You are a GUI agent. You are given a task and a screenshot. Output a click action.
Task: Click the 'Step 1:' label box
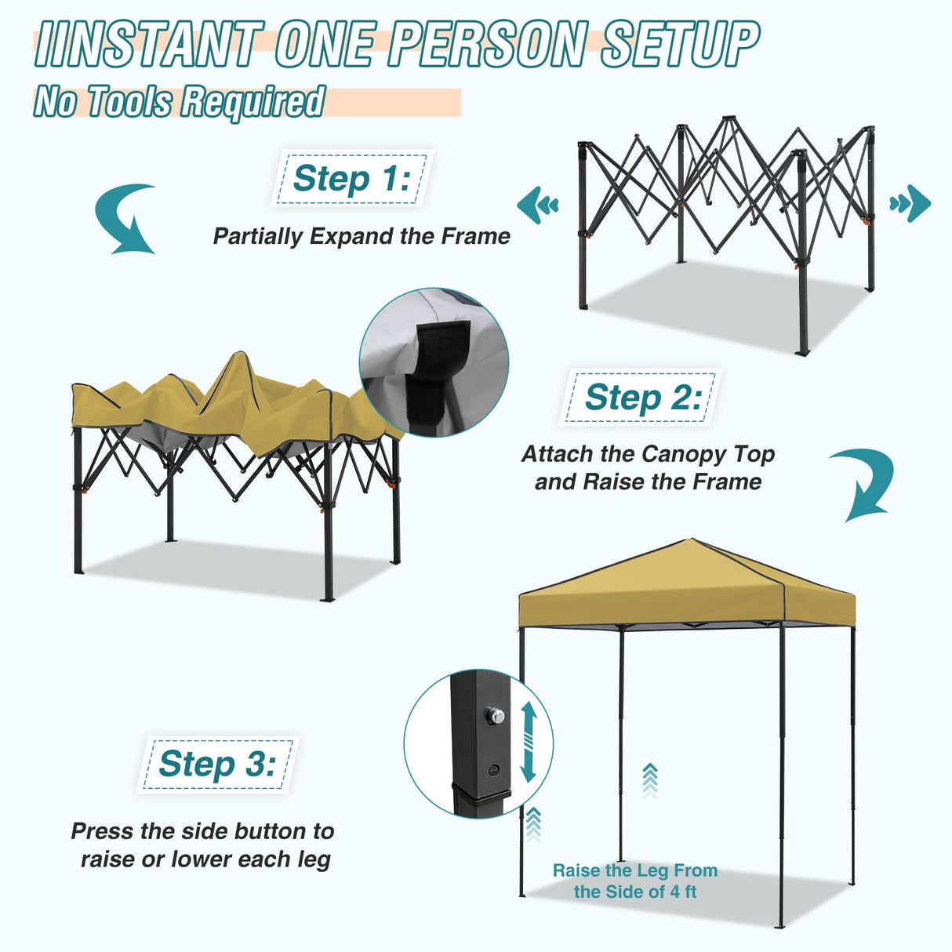[x=351, y=179]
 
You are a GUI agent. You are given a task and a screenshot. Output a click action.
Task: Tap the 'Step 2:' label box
[x=641, y=398]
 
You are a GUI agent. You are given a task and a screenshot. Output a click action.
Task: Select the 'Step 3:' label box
[x=217, y=764]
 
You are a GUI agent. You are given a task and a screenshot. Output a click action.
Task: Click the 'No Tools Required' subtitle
[x=179, y=102]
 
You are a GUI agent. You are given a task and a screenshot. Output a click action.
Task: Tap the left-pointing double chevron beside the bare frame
[x=538, y=205]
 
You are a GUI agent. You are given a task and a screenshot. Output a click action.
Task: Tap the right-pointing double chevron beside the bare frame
[x=910, y=204]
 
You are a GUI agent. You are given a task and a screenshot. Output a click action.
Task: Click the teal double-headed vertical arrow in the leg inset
[x=528, y=741]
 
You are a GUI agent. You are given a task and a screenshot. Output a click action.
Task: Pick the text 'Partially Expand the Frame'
[x=362, y=236]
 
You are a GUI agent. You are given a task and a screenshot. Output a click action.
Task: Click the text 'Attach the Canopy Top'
[x=648, y=454]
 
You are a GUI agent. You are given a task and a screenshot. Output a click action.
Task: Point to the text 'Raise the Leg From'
[x=634, y=870]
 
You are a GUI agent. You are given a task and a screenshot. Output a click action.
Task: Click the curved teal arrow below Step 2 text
[x=864, y=482]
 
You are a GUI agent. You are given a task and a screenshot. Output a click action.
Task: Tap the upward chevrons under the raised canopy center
[x=649, y=779]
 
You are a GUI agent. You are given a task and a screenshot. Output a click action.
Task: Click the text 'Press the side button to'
[x=202, y=831]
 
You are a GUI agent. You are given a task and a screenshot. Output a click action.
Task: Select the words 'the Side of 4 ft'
[x=634, y=892]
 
